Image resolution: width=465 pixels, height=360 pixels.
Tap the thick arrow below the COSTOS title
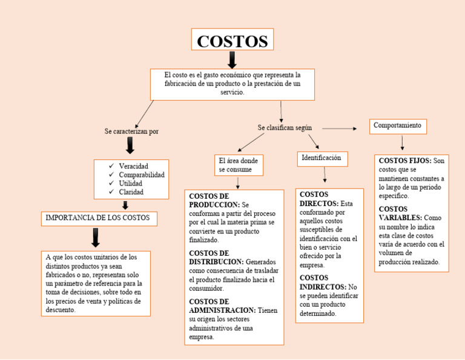pyautogui.click(x=232, y=59)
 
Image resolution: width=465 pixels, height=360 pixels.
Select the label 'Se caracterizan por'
pyautogui.click(x=131, y=131)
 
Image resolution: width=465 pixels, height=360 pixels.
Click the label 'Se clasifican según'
pyautogui.click(x=285, y=128)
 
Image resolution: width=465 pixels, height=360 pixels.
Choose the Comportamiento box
pyautogui.click(x=397, y=125)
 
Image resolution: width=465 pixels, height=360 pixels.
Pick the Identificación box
pyautogui.click(x=321, y=158)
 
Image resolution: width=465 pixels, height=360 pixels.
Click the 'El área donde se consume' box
pyautogui.click(x=238, y=165)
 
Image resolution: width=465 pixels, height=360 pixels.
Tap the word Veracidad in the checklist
pyautogui.click(x=133, y=166)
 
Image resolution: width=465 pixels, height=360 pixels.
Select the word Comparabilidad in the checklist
pyautogui.click(x=141, y=175)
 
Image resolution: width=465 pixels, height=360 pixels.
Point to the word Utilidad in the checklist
pyautogui.click(x=131, y=183)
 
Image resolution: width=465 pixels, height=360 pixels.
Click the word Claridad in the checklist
pyautogui.click(x=131, y=192)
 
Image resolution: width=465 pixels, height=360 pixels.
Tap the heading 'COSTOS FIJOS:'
pyautogui.click(x=404, y=161)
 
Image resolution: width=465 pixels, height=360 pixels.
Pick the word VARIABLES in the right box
pyautogui.click(x=400, y=218)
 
